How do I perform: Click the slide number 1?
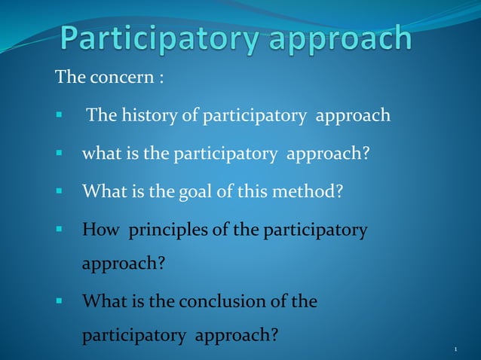click(x=457, y=349)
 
